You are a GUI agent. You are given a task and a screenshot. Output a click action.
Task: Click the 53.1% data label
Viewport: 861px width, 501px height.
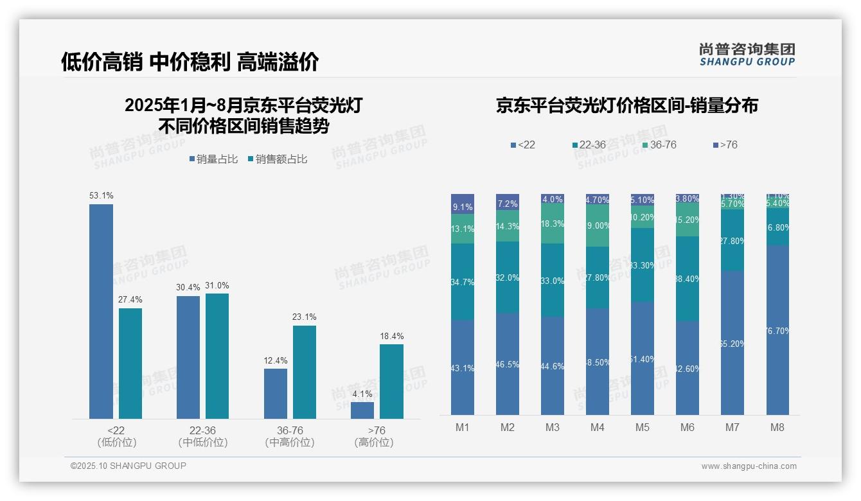(x=101, y=195)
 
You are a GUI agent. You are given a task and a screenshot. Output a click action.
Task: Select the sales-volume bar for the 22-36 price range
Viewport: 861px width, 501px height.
(x=188, y=357)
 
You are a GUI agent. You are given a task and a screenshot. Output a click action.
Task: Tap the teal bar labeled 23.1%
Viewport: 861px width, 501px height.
(x=305, y=372)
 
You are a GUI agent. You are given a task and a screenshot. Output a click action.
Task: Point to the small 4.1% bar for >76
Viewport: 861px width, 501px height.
(x=362, y=410)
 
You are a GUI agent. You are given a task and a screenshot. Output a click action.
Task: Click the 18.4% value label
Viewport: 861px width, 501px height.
(x=391, y=336)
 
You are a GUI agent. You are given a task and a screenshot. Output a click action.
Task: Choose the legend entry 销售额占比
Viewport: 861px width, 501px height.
(x=277, y=159)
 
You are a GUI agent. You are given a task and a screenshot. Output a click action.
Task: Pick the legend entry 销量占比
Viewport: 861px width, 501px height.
(x=213, y=159)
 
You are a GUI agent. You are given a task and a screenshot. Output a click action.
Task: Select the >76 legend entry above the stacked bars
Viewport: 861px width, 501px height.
(x=725, y=145)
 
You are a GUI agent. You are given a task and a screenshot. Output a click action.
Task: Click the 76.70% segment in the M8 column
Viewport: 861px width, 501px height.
(x=777, y=330)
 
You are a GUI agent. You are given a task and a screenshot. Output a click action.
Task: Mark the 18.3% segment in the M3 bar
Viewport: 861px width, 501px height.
(x=553, y=223)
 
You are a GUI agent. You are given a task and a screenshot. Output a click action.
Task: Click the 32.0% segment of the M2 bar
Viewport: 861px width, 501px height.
(x=508, y=277)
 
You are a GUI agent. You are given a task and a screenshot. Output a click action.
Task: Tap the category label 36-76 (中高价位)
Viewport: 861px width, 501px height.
(x=289, y=436)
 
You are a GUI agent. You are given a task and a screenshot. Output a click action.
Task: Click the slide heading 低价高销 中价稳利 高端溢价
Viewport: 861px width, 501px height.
(x=190, y=62)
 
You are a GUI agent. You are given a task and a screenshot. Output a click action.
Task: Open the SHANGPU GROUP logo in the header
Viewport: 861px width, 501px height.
(x=747, y=55)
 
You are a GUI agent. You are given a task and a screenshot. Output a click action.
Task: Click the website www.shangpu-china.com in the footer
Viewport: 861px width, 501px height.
(x=749, y=466)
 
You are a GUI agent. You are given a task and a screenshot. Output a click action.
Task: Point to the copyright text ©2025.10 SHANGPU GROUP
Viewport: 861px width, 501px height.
(x=129, y=466)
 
